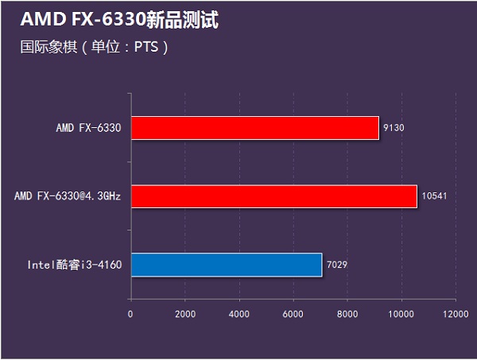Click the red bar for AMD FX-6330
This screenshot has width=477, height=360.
coord(254,128)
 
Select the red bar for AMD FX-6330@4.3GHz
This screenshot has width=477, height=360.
coord(273,196)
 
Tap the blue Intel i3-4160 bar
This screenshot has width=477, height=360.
coord(226,265)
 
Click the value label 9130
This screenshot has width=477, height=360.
coord(394,128)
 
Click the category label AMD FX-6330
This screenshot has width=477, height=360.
coord(88,128)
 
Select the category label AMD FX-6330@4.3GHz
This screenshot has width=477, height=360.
coord(68,196)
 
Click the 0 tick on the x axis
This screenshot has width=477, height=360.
coord(130,313)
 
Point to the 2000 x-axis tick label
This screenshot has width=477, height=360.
coord(184,313)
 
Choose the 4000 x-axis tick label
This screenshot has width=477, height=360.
coord(238,313)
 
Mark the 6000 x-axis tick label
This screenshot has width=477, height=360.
coord(293,313)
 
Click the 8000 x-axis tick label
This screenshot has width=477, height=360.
coord(347,313)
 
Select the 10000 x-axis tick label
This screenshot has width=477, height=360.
coord(401,313)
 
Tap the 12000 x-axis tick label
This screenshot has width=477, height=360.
coord(456,313)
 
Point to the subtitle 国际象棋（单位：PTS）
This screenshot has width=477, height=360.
coord(94,47)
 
